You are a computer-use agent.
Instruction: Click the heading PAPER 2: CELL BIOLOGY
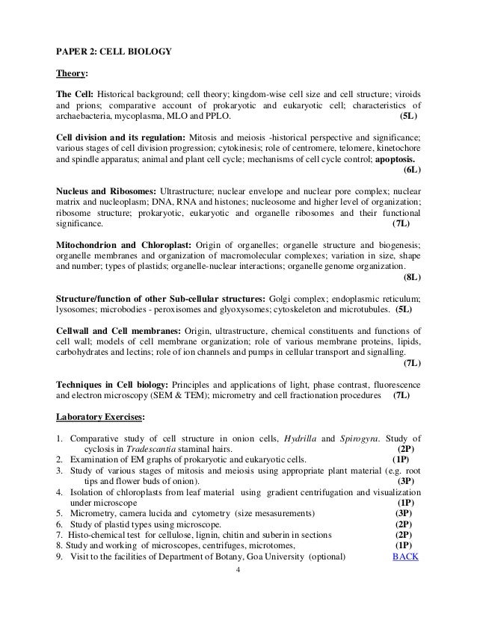[x=114, y=53]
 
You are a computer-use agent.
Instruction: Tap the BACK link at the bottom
[x=406, y=556]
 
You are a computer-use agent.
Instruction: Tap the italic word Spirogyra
[x=360, y=438]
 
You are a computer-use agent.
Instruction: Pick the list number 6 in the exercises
[x=59, y=524]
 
